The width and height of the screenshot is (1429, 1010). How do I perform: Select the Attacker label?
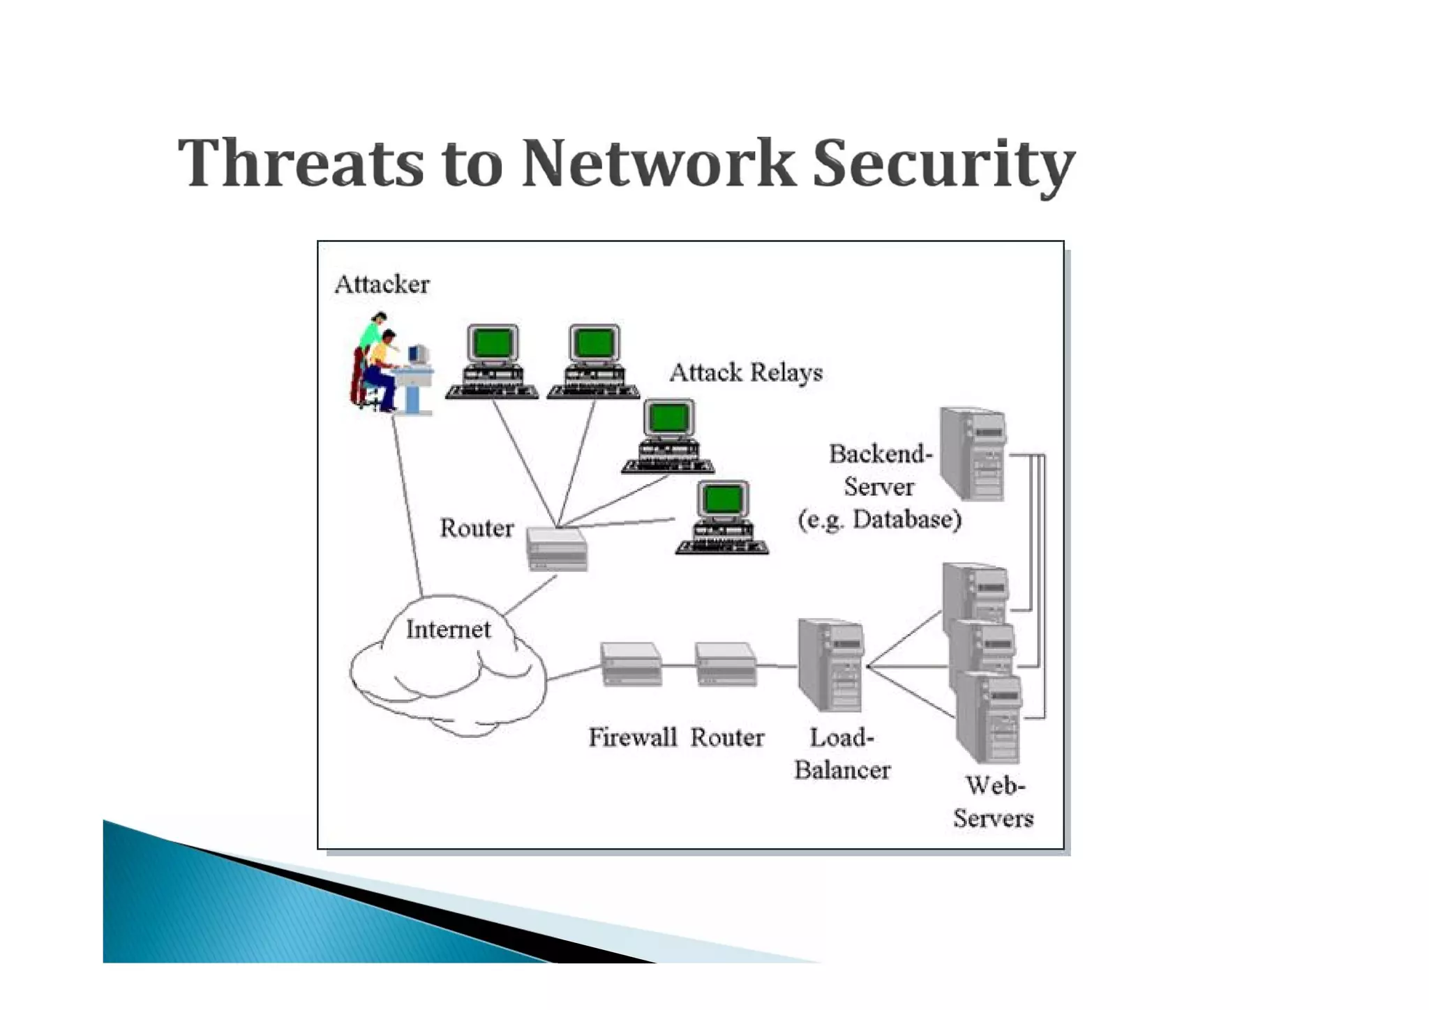point(382,285)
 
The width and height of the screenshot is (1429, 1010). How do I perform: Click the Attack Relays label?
point(746,372)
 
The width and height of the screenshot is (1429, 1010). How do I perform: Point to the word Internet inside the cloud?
point(448,629)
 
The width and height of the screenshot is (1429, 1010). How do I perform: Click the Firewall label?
point(632,737)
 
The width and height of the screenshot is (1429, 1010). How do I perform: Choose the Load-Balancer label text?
point(841,753)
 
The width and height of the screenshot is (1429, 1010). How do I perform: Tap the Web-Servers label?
point(994,801)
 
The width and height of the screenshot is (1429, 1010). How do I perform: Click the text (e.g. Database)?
point(880,520)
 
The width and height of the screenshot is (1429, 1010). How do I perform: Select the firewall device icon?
point(631,665)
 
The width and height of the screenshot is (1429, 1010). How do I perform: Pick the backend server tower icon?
point(973,453)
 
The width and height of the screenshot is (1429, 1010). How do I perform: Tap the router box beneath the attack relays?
point(557,550)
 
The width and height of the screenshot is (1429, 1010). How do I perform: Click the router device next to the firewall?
point(726,665)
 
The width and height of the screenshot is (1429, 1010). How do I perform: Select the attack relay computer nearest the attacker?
point(493,361)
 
